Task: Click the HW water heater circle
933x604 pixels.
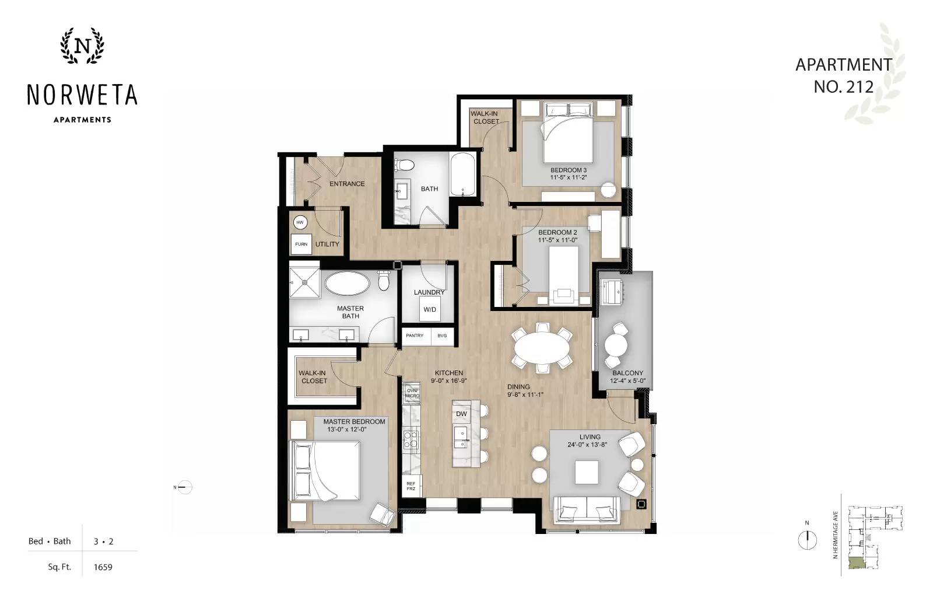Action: (300, 222)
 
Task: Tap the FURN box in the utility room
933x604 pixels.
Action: (301, 244)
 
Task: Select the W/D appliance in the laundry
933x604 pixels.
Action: (430, 309)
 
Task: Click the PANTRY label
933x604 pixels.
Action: (415, 336)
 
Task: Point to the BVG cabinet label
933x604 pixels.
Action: (442, 336)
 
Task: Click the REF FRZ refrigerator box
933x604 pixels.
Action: (411, 486)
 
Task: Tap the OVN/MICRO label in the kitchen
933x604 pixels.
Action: (412, 393)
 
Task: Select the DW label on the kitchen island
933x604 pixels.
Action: (461, 414)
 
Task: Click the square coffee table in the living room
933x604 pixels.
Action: (587, 472)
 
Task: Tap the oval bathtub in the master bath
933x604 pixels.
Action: (347, 284)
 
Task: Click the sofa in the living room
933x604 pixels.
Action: (587, 510)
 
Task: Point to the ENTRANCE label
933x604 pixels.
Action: (347, 184)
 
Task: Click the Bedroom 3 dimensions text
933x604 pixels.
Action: (568, 177)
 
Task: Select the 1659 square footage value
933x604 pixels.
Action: (103, 567)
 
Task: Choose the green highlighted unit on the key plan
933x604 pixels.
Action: (855, 563)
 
